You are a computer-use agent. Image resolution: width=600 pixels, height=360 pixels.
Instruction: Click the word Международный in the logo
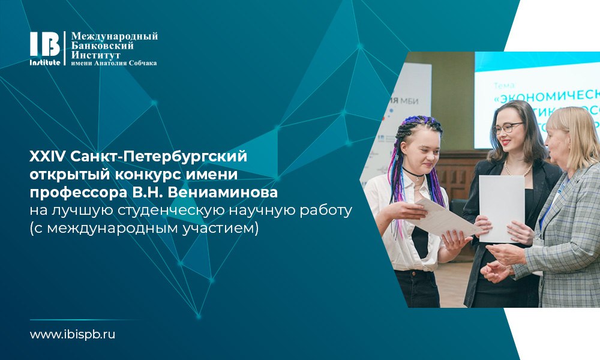pos(114,37)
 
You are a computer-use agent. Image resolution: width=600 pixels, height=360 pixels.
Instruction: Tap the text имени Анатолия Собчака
pos(114,63)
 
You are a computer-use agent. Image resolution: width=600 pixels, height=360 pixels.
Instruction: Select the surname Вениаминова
pos(228,193)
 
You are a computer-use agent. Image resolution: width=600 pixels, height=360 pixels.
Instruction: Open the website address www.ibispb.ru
pos(72,334)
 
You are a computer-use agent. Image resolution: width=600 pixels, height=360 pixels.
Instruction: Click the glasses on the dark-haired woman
pos(508,128)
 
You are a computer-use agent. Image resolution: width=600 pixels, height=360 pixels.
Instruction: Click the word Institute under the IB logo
pos(45,62)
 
